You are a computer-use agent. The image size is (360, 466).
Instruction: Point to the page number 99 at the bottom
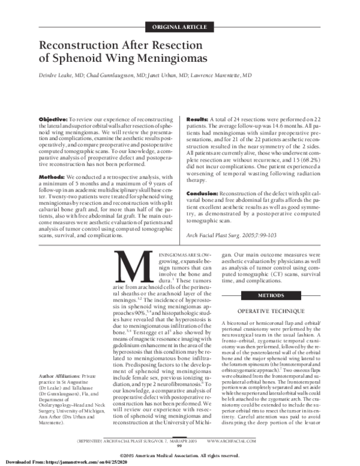click(x=180, y=446)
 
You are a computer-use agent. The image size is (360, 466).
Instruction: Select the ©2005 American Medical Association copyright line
click(x=180, y=454)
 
